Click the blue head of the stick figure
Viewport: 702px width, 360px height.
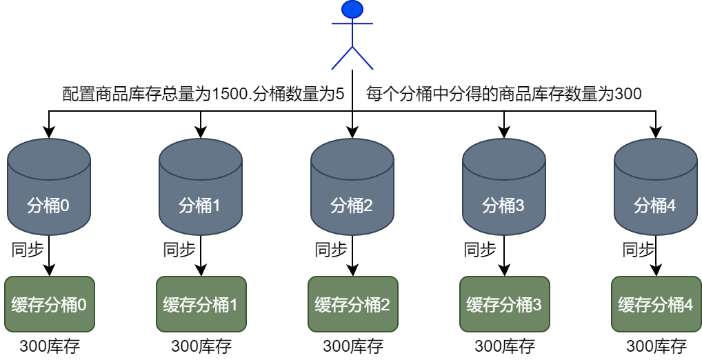tap(352, 9)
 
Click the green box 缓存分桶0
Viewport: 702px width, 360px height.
tap(49, 304)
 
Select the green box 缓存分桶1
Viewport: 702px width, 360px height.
tap(201, 304)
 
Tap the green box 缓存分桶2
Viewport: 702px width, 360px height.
tap(352, 304)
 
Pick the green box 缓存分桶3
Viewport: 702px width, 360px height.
tap(504, 304)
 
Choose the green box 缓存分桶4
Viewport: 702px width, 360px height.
tap(656, 304)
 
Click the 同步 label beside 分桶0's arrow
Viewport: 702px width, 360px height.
tap(28, 250)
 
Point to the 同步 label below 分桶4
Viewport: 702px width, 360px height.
tap(639, 250)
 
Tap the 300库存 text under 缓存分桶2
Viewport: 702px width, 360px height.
tap(352, 346)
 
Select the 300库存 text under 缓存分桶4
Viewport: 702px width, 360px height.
tap(656, 346)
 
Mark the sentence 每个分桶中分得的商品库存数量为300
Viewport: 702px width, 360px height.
tap(504, 94)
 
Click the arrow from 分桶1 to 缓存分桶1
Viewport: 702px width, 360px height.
tap(201, 257)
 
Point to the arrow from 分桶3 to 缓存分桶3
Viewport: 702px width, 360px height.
tap(504, 257)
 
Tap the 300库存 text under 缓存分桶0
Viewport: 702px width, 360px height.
tap(49, 346)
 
